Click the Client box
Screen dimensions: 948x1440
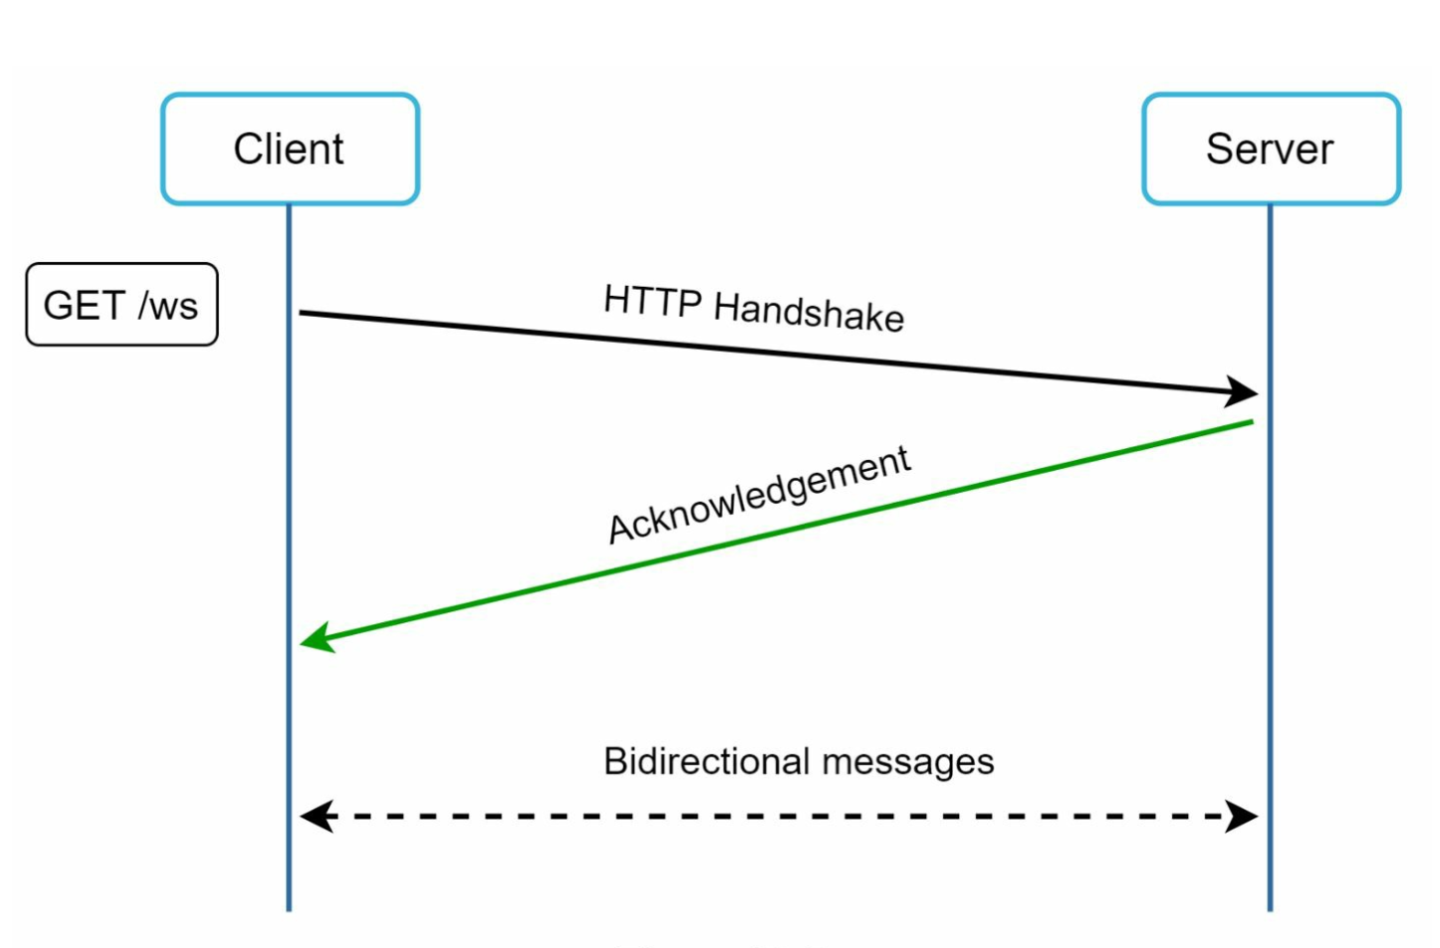coord(290,149)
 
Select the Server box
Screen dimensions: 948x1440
coord(1270,149)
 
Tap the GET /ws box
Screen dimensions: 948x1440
coord(121,305)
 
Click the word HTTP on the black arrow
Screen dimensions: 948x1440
coord(652,301)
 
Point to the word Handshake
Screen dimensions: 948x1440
coord(809,312)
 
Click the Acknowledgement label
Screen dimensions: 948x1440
coord(759,495)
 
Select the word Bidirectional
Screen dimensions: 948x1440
coord(706,762)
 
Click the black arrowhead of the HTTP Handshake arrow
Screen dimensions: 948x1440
coord(1243,391)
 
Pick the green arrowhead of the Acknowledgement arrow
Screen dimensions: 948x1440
coord(317,638)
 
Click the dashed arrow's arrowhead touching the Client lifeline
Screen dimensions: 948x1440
coord(315,817)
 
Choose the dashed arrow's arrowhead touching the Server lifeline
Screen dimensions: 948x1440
coord(1243,817)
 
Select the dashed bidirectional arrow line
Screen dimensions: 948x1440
coord(777,817)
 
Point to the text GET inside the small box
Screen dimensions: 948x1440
coord(84,306)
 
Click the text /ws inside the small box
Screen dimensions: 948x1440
coord(168,306)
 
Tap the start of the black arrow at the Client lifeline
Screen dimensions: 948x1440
coord(303,313)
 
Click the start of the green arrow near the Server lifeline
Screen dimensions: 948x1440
coord(1250,422)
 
